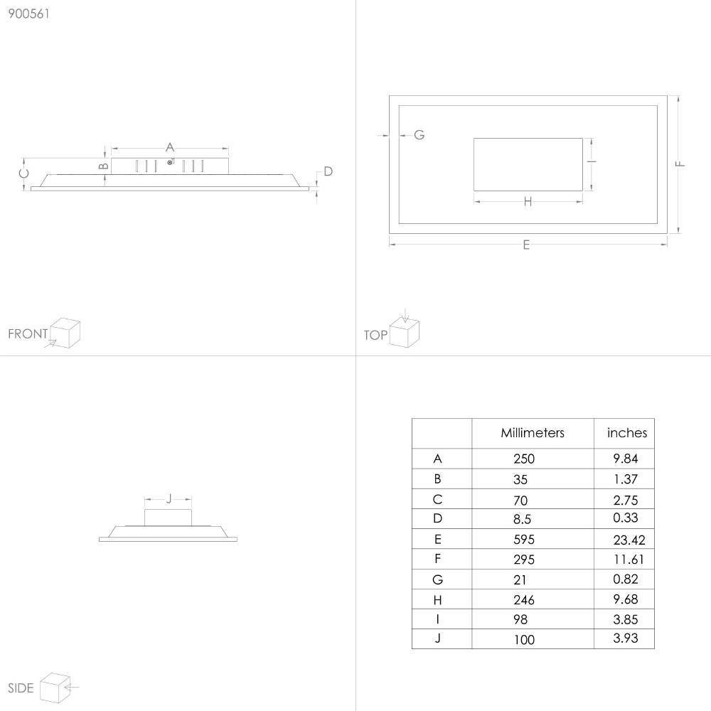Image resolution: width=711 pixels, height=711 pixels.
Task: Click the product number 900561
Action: point(28,14)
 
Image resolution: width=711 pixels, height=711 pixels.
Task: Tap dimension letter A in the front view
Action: point(170,147)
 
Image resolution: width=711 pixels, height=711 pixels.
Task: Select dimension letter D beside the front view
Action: point(328,171)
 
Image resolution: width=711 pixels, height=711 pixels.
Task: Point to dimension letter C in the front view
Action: point(24,173)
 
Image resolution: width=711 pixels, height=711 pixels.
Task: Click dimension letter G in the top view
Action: point(419,134)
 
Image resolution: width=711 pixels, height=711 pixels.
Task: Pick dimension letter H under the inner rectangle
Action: point(528,202)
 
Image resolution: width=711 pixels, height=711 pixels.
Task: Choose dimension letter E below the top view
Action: point(526,245)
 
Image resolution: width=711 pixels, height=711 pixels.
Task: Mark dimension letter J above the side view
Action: point(169,499)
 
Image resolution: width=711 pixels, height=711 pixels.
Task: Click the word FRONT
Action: point(28,333)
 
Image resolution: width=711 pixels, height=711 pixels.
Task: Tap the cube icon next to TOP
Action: point(405,331)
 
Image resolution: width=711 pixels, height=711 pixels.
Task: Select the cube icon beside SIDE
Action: point(55,688)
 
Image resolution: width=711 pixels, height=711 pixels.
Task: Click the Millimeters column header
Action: point(533,433)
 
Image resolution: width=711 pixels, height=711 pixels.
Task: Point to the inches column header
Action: point(627,432)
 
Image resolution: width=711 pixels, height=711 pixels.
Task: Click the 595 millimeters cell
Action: point(524,539)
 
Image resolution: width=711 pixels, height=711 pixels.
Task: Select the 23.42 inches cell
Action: point(629,540)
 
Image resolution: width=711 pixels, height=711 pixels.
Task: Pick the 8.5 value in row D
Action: point(522,519)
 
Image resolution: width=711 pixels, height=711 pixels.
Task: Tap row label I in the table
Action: point(437,619)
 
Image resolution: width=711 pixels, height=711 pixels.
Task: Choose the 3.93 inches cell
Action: point(625,638)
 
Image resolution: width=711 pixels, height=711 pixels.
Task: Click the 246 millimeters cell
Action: point(524,600)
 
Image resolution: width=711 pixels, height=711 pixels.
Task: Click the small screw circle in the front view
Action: point(170,162)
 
